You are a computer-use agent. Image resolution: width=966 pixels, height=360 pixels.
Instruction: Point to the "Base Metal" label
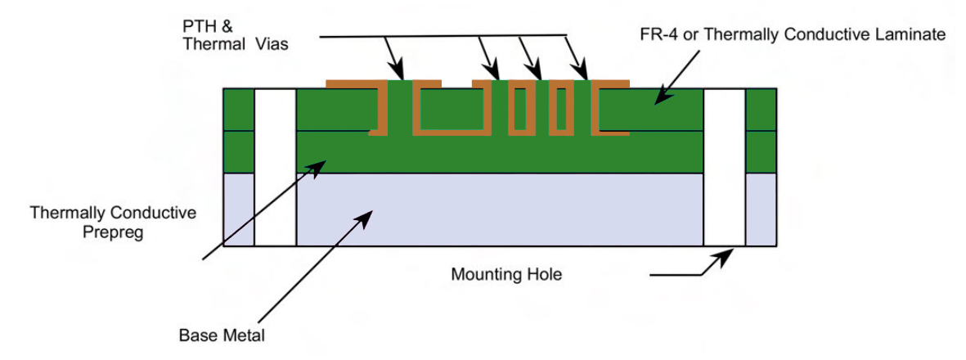222,335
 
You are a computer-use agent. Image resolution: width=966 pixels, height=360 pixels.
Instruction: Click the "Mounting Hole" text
506,274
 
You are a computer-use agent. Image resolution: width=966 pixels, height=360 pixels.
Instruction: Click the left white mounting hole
275,167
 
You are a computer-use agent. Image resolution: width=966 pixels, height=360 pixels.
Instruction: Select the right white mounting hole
724,167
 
